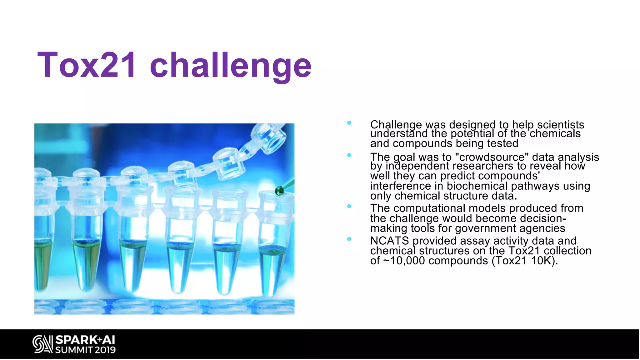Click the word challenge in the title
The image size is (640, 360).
point(231,66)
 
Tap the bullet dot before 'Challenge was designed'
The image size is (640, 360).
point(349,123)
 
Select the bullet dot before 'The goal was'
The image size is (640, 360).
point(349,155)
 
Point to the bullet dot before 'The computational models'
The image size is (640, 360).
point(349,206)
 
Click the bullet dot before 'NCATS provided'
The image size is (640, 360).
point(349,239)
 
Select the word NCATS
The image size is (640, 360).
point(389,241)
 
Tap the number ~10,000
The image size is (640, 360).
point(404,261)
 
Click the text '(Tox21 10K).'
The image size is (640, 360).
point(525,261)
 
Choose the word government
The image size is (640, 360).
point(485,228)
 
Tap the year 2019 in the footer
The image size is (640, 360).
point(105,350)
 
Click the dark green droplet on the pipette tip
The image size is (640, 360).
point(279,191)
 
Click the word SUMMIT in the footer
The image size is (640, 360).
point(74,350)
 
